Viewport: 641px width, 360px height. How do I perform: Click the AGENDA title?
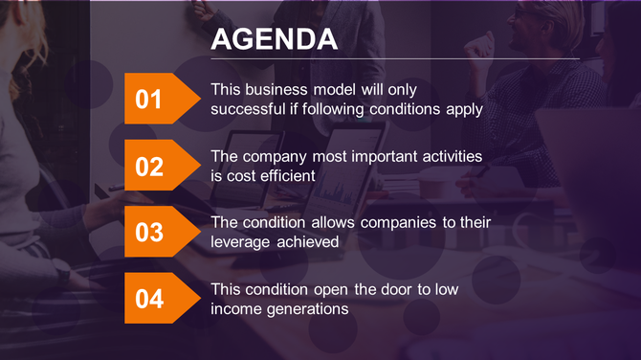274,39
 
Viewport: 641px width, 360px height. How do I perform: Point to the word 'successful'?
247,108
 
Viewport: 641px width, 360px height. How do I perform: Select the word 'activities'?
450,156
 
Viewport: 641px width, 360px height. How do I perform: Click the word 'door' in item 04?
381,288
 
